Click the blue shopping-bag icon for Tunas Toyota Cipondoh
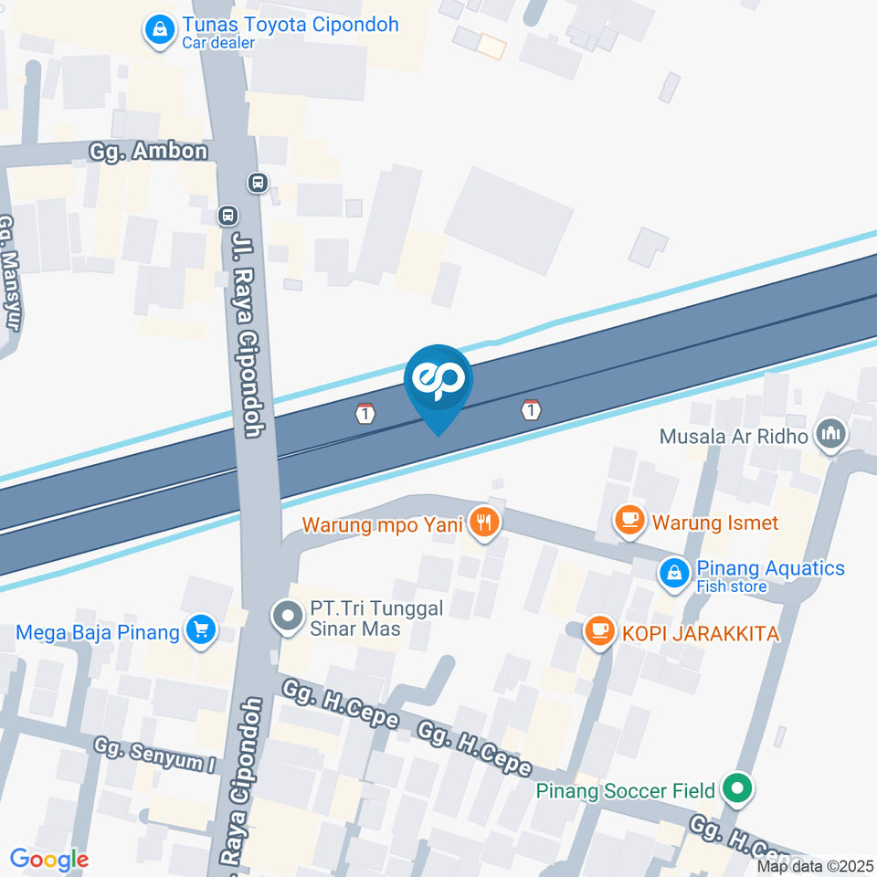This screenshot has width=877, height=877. [161, 30]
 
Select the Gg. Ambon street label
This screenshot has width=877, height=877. [149, 151]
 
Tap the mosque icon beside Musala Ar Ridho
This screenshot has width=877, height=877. [830, 434]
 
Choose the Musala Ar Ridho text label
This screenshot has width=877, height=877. [734, 436]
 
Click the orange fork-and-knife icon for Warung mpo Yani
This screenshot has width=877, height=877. [484, 523]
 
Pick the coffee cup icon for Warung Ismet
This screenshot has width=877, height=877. [629, 521]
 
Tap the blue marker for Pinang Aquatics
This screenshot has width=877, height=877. [673, 573]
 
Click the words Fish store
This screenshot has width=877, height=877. [731, 586]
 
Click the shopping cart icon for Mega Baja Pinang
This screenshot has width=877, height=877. [199, 629]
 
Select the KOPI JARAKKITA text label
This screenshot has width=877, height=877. [701, 631]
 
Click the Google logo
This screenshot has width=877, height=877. [49, 859]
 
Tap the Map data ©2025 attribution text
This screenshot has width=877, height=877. [815, 866]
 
